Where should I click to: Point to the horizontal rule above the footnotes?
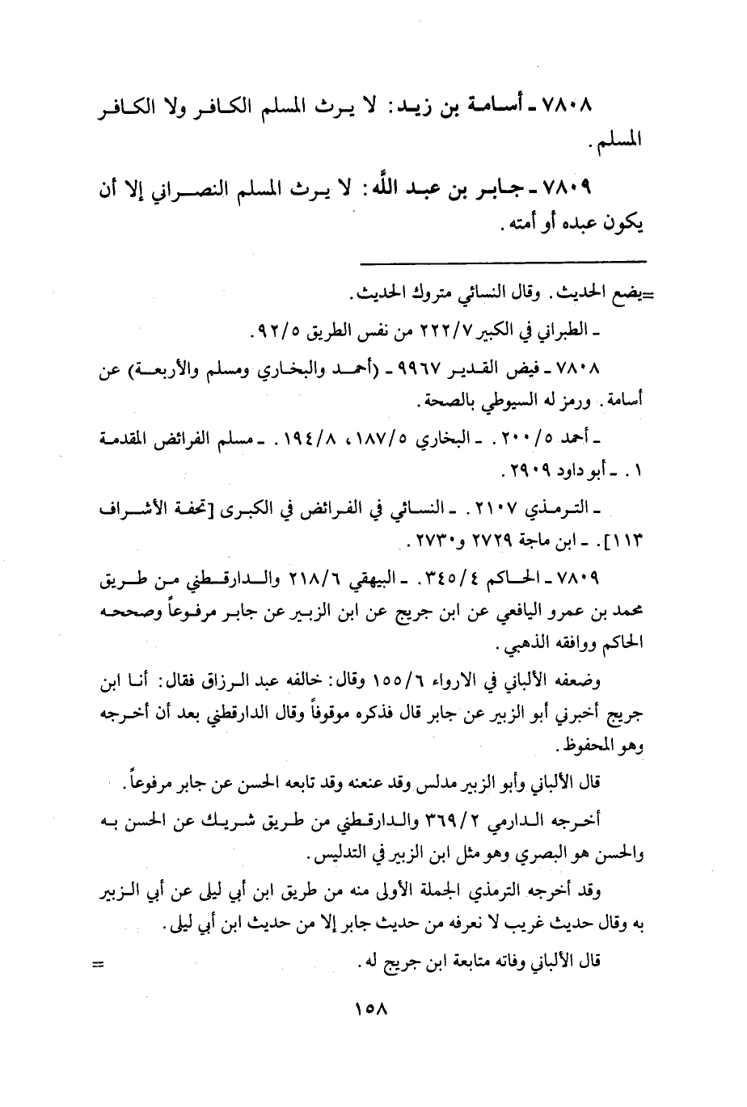pos(503,260)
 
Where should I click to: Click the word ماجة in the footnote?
pos(495,539)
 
